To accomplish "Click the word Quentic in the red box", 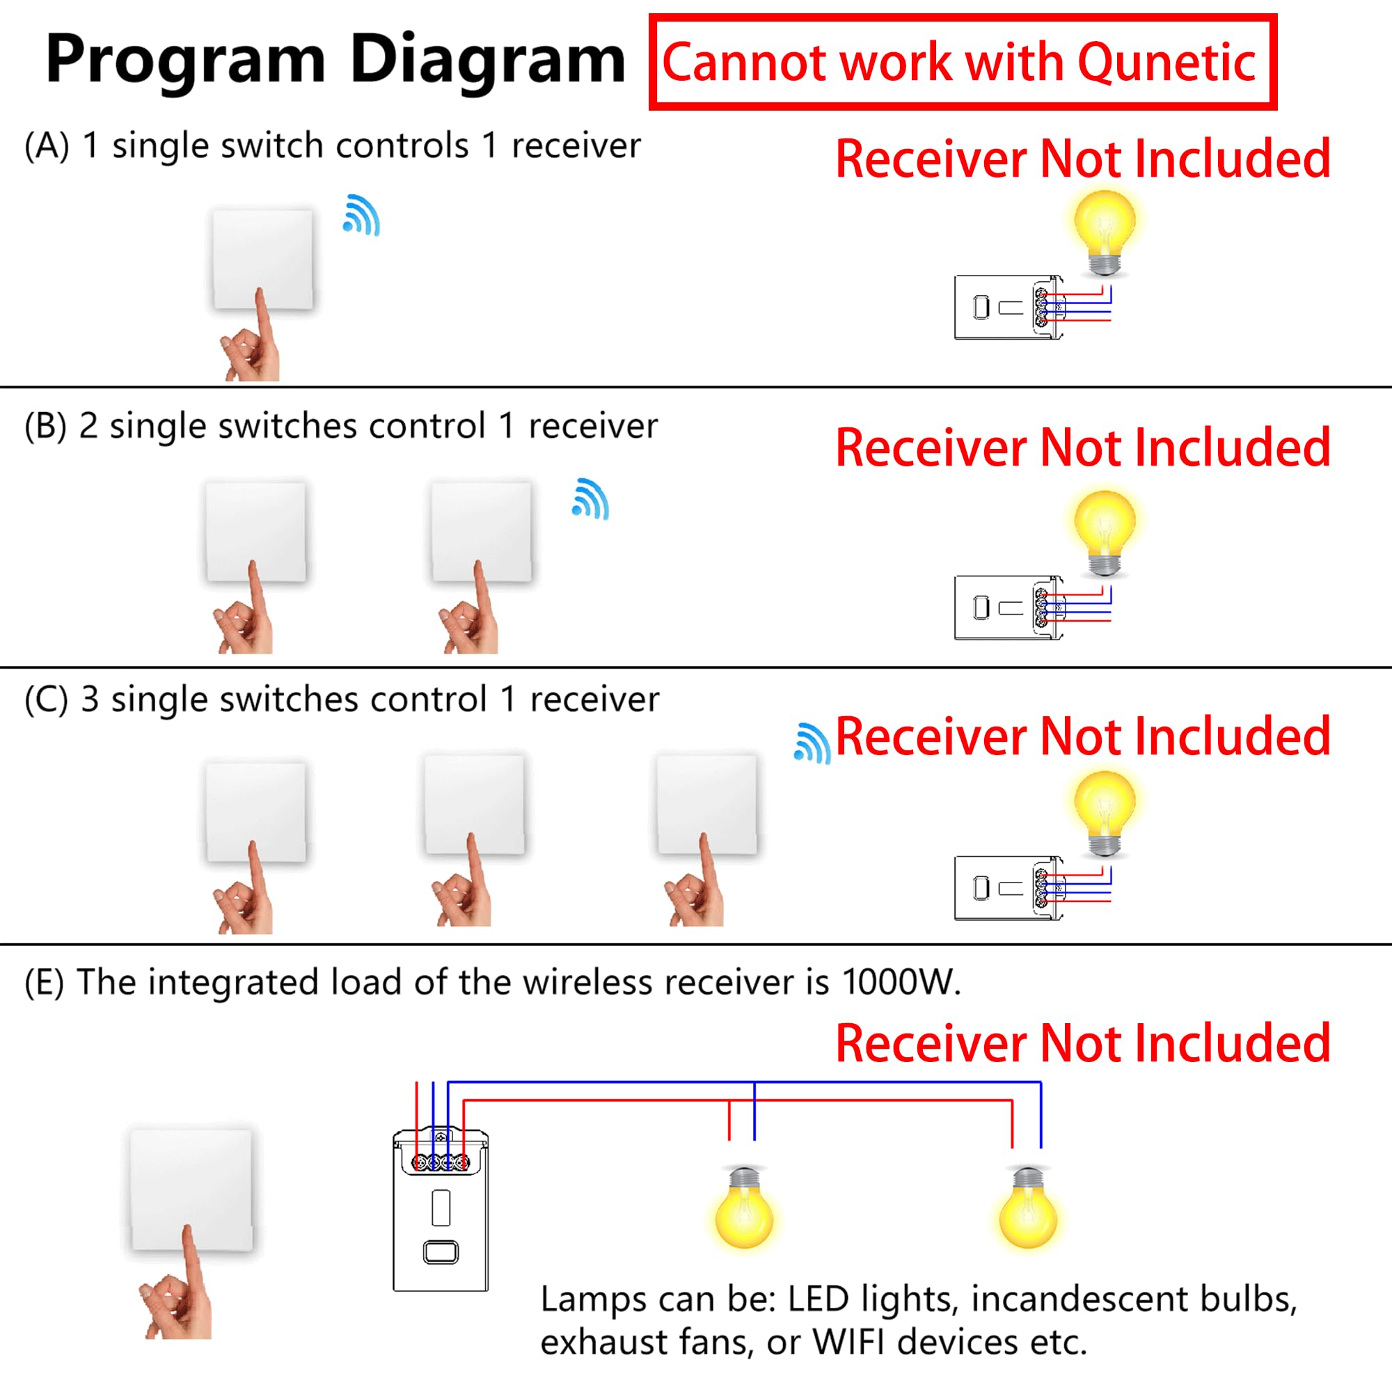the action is pyautogui.click(x=1166, y=63).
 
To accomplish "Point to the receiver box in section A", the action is pyautogui.click(x=1009, y=307).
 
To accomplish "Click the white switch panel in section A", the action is pyautogui.click(x=262, y=260).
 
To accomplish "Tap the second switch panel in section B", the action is pyautogui.click(x=482, y=532).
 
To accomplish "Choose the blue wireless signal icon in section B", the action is pyautogui.click(x=590, y=498).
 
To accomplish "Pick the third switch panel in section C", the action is pyautogui.click(x=707, y=805).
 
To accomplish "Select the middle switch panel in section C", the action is pyautogui.click(x=474, y=805).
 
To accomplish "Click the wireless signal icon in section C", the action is pyautogui.click(x=812, y=743).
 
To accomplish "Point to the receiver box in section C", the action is pyautogui.click(x=1009, y=887).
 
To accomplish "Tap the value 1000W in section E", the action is pyautogui.click(x=901, y=982).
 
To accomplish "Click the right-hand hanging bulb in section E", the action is pyautogui.click(x=1027, y=1208).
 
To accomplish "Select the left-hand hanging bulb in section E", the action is pyautogui.click(x=744, y=1208).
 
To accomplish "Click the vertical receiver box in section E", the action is pyautogui.click(x=441, y=1210).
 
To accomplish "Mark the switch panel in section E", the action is pyautogui.click(x=191, y=1189).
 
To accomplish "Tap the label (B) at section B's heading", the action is pyautogui.click(x=45, y=426).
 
